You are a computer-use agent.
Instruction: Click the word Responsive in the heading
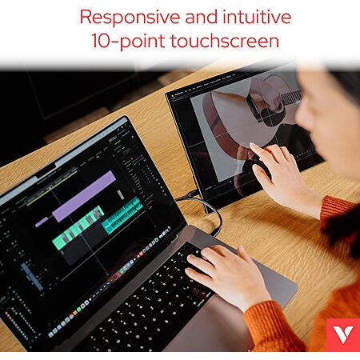(130, 18)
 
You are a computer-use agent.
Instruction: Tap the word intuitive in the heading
(257, 17)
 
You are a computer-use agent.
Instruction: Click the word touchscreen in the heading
(225, 41)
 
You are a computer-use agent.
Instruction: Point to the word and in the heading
(202, 17)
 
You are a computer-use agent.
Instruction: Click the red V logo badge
(343, 334)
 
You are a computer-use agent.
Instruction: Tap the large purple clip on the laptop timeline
(84, 196)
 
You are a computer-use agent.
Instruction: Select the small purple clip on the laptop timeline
(42, 222)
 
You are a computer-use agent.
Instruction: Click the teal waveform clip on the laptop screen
(122, 215)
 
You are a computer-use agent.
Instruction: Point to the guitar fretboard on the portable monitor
(291, 98)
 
